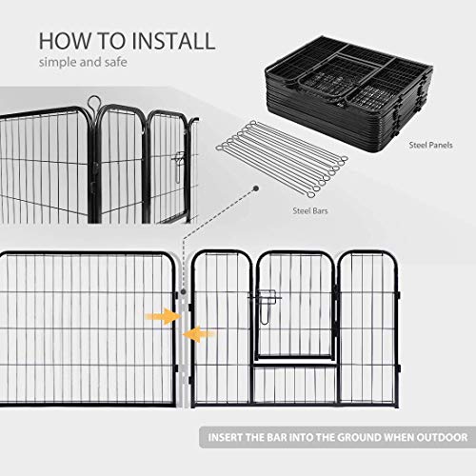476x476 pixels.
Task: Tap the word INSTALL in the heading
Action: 173,41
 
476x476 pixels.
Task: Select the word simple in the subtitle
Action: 58,63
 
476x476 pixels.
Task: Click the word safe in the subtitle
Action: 115,62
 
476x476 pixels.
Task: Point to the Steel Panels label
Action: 430,145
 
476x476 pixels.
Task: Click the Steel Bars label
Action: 310,210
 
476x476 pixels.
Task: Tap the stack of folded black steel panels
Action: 348,94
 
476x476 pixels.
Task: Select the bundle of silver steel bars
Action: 282,159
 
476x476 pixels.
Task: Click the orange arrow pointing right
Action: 163,316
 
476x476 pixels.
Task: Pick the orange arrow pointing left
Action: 198,334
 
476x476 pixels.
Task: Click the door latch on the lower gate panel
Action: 266,307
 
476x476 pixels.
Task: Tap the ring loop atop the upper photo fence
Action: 94,102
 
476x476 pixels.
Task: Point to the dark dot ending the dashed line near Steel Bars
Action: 256,188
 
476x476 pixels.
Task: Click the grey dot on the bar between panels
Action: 183,291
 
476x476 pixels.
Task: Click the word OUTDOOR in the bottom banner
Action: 442,437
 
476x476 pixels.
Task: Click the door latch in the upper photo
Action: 178,167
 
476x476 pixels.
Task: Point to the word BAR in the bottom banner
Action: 277,437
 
